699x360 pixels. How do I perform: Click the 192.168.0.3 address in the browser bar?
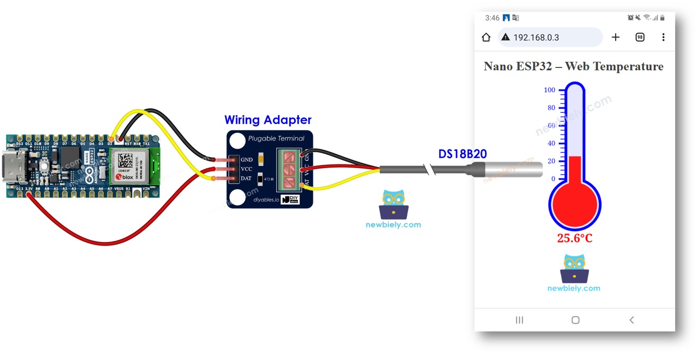[536, 37]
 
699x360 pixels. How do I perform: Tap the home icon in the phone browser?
[486, 37]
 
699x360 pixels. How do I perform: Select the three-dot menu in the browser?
[663, 37]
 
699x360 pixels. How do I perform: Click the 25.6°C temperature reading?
[574, 238]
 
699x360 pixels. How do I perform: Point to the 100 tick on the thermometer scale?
[550, 90]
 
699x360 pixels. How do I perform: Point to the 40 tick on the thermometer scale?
[551, 143]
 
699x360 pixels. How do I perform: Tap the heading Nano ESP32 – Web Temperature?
[574, 67]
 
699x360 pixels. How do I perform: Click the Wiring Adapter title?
[268, 120]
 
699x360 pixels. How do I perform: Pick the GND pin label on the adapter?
[247, 160]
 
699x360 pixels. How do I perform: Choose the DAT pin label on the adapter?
[246, 178]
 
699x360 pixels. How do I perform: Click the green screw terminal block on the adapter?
[288, 169]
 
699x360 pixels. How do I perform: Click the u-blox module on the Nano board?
[130, 166]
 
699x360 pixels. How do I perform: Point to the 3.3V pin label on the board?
[29, 189]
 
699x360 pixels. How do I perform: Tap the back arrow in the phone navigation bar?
[632, 320]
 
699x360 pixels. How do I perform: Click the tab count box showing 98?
[640, 37]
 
